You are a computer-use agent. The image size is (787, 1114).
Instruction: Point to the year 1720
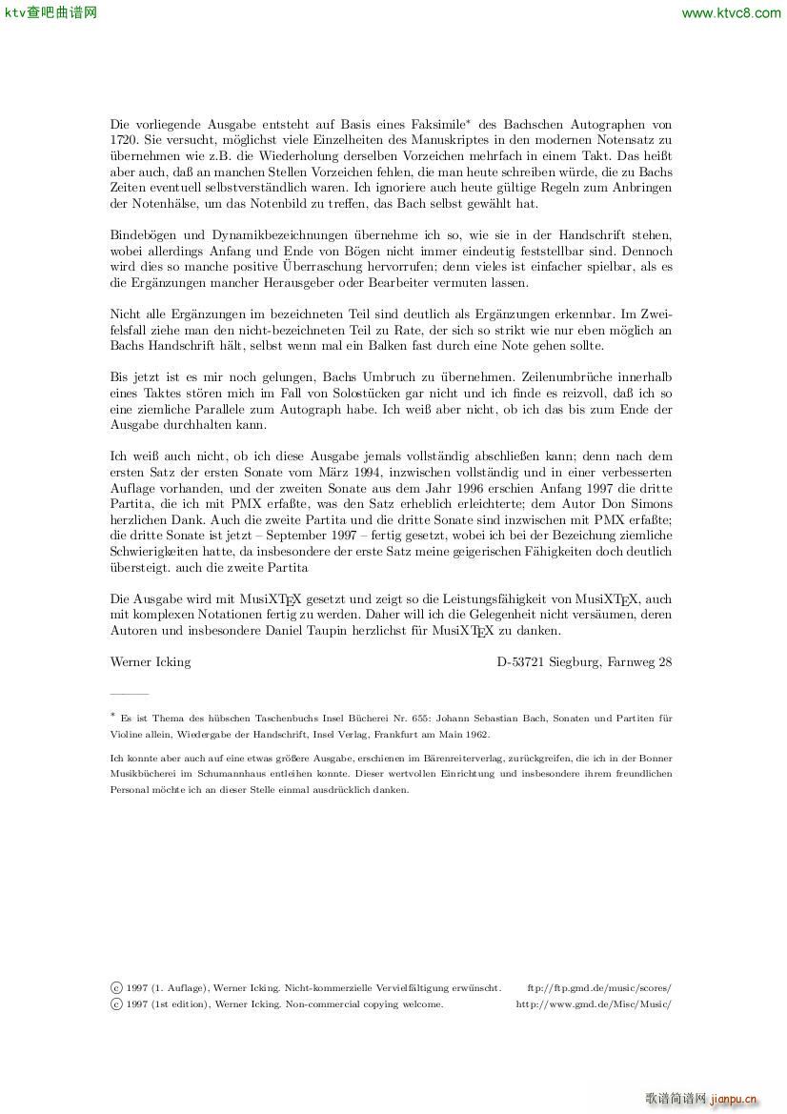(x=124, y=139)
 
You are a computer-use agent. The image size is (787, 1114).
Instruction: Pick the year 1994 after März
(x=366, y=473)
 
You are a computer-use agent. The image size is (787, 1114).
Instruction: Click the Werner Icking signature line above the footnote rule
(x=151, y=661)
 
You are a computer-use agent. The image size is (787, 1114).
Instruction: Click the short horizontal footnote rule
(x=130, y=695)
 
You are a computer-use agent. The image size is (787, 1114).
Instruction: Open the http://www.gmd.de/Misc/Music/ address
(x=594, y=1003)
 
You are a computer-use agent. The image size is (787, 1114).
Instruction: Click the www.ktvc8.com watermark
(x=731, y=12)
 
